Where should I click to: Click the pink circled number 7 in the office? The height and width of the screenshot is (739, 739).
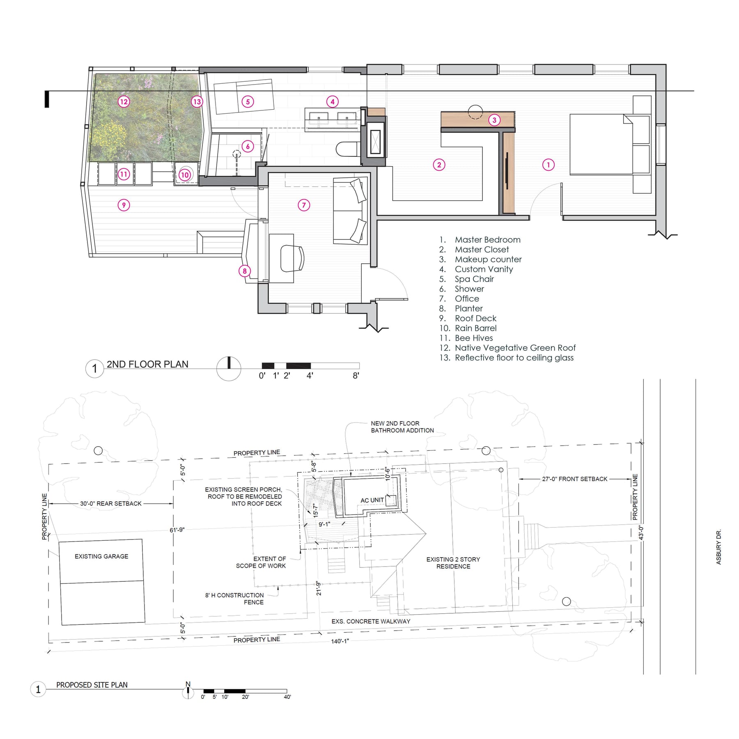coord(304,205)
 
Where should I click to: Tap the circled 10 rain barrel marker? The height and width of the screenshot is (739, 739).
coord(185,174)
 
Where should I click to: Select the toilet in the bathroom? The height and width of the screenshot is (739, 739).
coord(348,149)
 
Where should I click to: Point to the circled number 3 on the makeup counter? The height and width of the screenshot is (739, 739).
coord(494,120)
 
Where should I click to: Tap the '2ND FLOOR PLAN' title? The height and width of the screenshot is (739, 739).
coord(147,364)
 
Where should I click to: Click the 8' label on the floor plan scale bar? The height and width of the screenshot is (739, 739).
coord(356,375)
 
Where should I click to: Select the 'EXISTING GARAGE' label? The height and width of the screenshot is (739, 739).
coord(101,556)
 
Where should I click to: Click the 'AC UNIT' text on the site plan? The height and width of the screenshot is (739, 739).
coord(372,500)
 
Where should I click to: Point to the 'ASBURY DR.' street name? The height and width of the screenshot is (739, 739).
coord(718,547)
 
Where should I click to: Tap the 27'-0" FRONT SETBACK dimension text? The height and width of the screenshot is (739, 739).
coord(574,479)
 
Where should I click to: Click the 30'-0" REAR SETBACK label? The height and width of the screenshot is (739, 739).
coord(110,503)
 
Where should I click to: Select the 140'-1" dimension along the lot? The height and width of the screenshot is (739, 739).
coord(340,641)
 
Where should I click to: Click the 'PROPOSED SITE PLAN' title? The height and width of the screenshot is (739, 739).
coord(92,685)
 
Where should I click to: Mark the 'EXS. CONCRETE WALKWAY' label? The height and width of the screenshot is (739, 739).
coord(371,621)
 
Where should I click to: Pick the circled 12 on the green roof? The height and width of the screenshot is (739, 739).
coord(124,101)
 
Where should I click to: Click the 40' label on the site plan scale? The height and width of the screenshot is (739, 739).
coord(287,697)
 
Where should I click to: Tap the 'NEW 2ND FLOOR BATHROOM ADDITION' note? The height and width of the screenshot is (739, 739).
coord(402,427)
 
